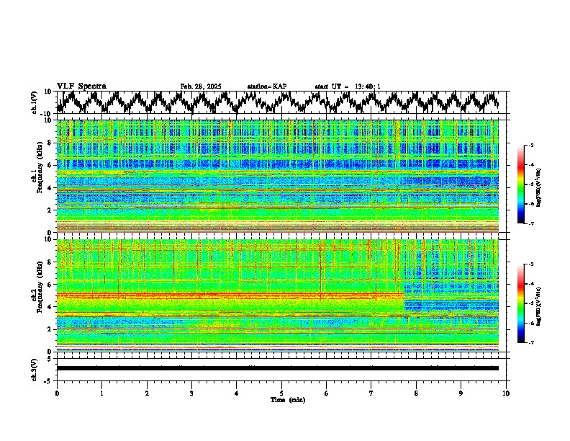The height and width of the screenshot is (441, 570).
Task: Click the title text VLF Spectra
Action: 81,86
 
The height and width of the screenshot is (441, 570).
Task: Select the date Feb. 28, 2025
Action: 201,86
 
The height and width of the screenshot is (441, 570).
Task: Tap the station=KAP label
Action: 267,86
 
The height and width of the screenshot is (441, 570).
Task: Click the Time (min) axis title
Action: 287,400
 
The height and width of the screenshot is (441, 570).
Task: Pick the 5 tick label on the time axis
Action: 282,393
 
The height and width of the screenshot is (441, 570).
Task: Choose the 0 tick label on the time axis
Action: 57,393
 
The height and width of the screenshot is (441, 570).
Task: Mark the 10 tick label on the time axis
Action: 507,393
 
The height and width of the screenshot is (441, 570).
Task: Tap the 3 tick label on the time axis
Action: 192,393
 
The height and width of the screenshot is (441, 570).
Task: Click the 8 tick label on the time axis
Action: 417,393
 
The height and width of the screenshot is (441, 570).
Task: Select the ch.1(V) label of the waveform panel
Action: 35,102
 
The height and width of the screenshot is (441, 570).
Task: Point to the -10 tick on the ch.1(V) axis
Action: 45,114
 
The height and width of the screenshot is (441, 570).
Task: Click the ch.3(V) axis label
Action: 35,368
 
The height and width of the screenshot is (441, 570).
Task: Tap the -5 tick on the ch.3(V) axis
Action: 47,380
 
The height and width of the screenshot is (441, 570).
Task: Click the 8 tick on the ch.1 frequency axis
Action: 50,143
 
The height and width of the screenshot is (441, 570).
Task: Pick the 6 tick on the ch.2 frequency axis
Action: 50,284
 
